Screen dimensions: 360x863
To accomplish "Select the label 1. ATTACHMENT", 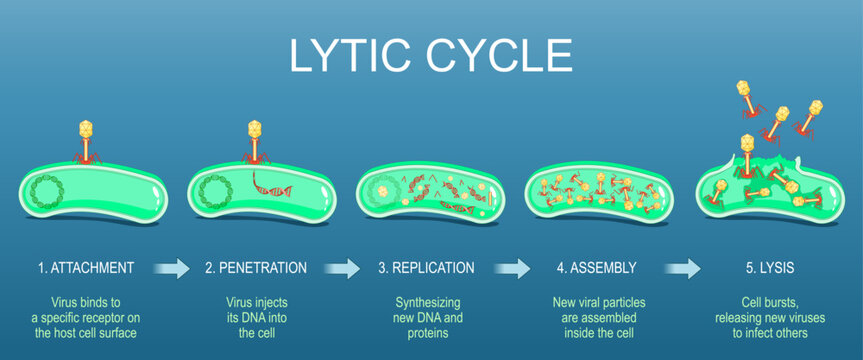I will click(x=85, y=268).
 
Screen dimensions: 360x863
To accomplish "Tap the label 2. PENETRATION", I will click(x=255, y=268).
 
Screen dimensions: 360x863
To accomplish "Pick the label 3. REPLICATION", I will click(x=426, y=268).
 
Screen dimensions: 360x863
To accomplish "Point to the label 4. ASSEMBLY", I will click(x=596, y=268).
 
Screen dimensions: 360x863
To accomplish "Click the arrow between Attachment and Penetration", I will click(x=172, y=268).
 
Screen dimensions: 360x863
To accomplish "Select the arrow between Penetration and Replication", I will click(x=342, y=268).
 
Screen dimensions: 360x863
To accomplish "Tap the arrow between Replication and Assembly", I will click(x=513, y=268).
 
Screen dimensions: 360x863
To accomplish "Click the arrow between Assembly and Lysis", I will click(x=684, y=268).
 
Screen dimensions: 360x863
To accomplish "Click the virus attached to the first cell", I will click(x=85, y=140).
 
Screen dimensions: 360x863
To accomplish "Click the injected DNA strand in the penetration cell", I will click(x=269, y=186).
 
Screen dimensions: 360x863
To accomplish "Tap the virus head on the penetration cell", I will click(x=254, y=129).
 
